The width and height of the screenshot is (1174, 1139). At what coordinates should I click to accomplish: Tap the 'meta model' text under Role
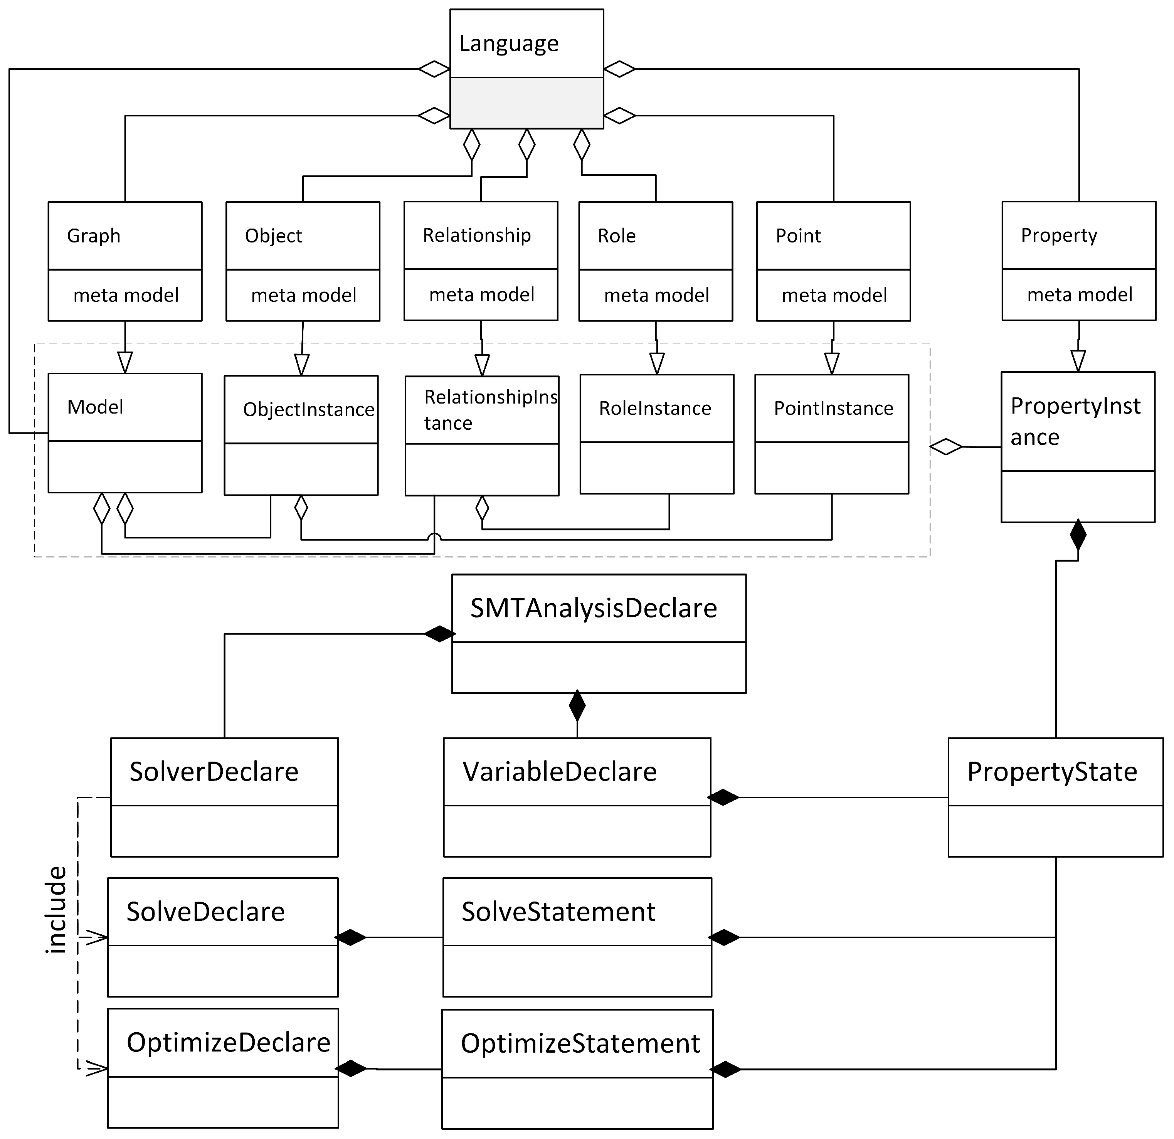pos(656,295)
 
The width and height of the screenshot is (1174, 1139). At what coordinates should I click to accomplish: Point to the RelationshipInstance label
pos(490,410)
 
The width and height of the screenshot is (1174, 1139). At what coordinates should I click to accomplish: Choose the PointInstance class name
pos(833,409)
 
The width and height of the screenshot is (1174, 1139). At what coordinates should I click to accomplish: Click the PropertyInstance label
pos(1075,422)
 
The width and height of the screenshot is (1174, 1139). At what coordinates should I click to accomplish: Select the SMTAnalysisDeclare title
pos(594,609)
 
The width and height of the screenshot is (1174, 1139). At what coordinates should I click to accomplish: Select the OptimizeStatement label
pos(580,1044)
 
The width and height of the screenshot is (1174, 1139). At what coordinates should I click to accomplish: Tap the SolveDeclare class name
pos(205,912)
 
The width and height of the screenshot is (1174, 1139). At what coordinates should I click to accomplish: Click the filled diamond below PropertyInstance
pos(1078,535)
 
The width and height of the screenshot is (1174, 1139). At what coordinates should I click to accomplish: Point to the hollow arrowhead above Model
pos(124,362)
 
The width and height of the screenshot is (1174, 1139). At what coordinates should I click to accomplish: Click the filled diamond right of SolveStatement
pos(724,938)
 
